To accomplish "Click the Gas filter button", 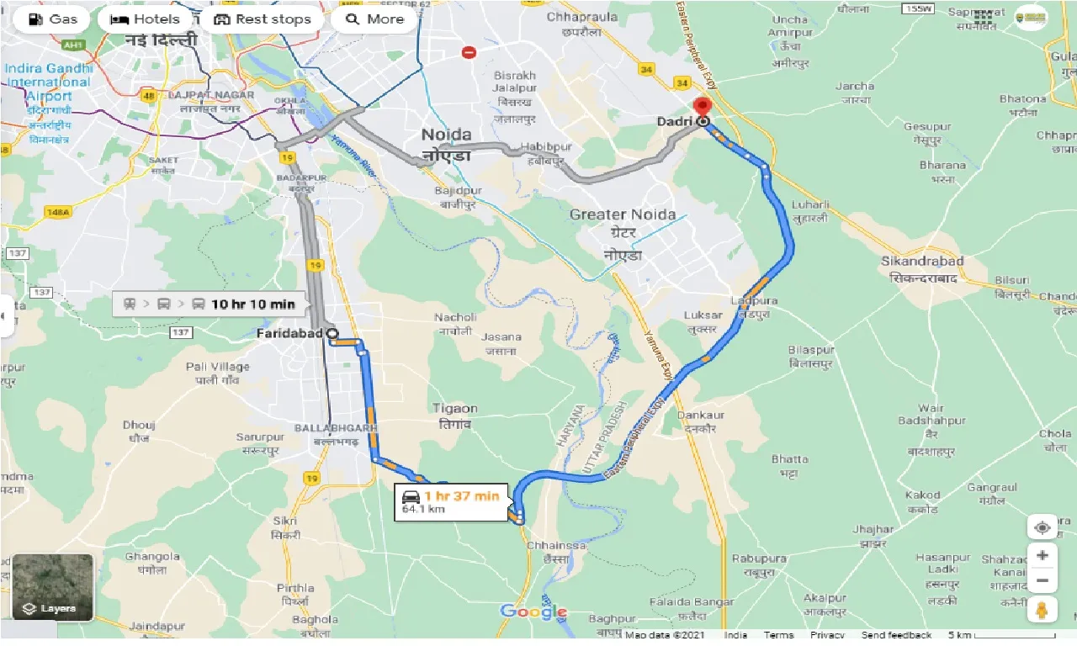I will pyautogui.click(x=52, y=19).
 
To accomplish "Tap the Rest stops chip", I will pyautogui.click(x=263, y=19).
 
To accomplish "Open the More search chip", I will pyautogui.click(x=374, y=19).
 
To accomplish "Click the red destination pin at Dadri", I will pyautogui.click(x=701, y=109).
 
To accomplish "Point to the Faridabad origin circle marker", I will pyautogui.click(x=332, y=334).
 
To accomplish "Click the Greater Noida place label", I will pyautogui.click(x=622, y=214).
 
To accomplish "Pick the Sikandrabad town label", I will pyautogui.click(x=922, y=262).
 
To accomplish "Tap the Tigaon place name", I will pyautogui.click(x=455, y=409).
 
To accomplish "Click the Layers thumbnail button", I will pyautogui.click(x=53, y=586).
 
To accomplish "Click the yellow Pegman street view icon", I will pyautogui.click(x=1042, y=610).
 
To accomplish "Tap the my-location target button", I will pyautogui.click(x=1042, y=527).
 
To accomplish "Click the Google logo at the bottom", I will pyautogui.click(x=533, y=612).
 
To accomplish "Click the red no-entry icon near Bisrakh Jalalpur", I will pyautogui.click(x=470, y=52).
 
